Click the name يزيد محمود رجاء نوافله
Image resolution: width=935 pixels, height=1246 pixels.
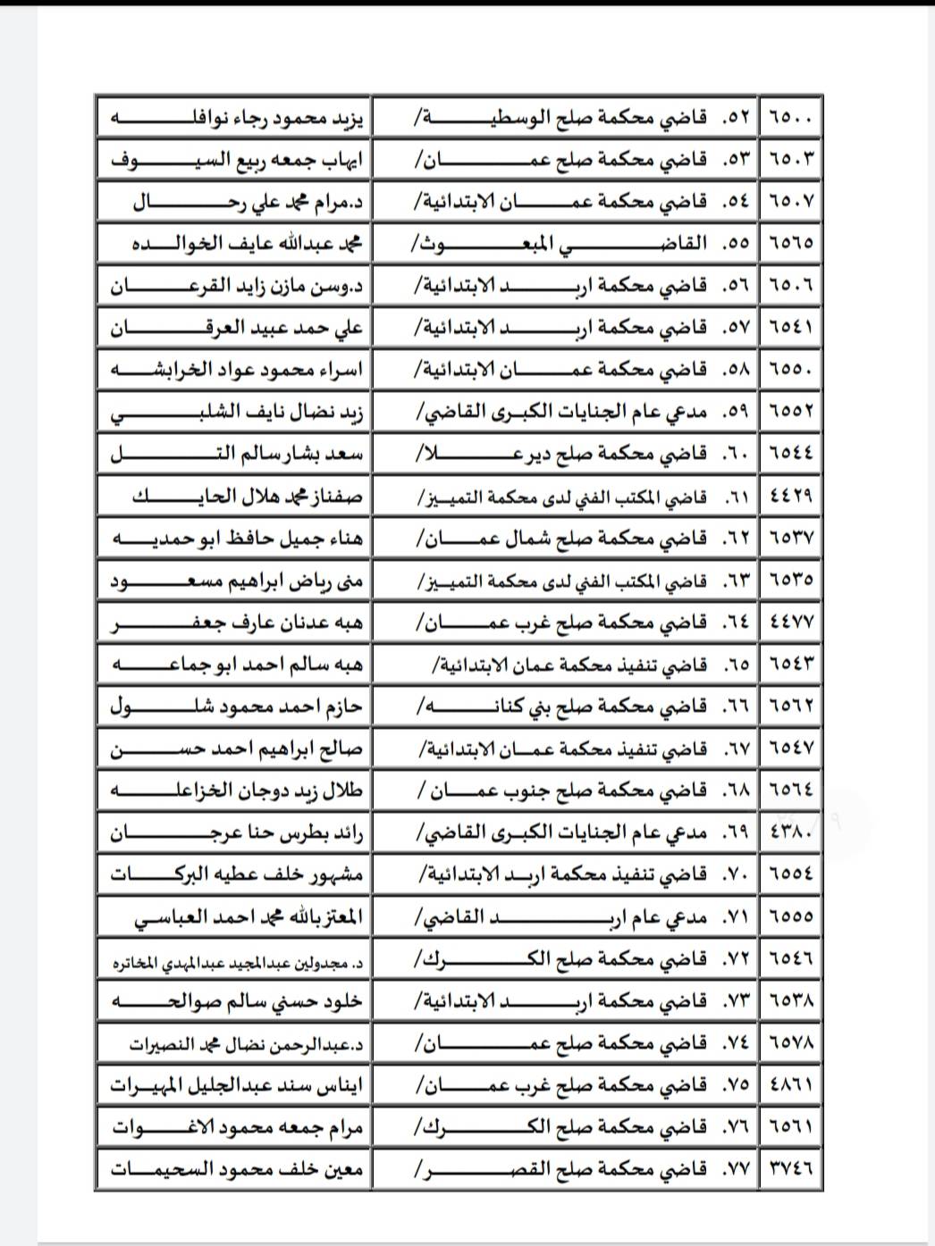click(x=236, y=117)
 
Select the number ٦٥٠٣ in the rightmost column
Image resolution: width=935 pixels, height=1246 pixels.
click(x=791, y=159)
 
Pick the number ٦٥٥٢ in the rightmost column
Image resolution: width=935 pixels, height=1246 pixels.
click(x=791, y=412)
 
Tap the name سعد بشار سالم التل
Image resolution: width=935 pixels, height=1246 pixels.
click(x=236, y=455)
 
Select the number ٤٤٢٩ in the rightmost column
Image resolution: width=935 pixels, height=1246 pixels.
click(x=791, y=497)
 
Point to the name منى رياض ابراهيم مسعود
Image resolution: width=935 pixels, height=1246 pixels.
click(x=236, y=581)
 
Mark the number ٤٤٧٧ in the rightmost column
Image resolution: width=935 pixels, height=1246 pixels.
click(x=791, y=623)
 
